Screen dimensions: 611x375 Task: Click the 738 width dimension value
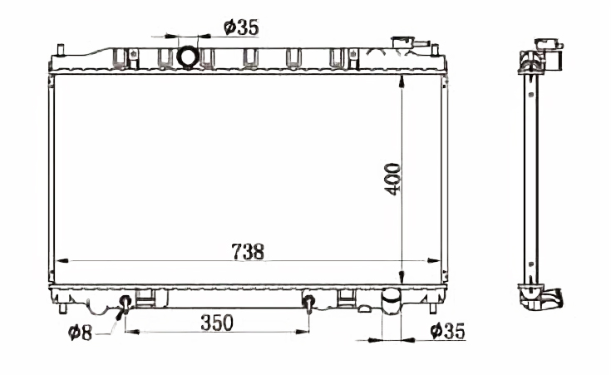click(248, 252)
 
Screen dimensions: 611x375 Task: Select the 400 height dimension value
click(392, 179)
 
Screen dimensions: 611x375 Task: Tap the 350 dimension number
click(217, 323)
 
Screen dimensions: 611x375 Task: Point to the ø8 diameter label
click(80, 333)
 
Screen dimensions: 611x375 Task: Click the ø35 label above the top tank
click(242, 27)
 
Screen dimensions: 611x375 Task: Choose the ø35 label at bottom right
click(448, 331)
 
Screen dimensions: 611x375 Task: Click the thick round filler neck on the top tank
click(188, 57)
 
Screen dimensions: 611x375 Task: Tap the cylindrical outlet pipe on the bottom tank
click(392, 300)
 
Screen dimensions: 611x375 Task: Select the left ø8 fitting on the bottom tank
click(125, 304)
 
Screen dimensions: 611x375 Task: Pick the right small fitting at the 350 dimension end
click(308, 303)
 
